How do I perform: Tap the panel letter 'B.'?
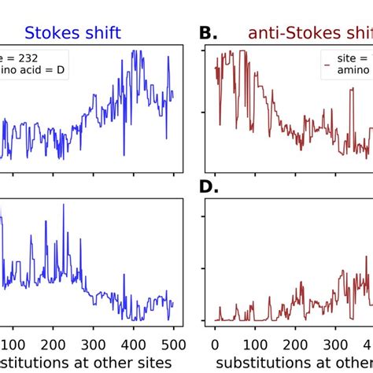coord(211,33)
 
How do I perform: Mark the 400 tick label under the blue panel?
coord(172,343)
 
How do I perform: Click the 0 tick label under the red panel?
coord(215,343)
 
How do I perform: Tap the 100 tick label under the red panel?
coord(255,343)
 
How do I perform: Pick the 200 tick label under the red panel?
coord(295,343)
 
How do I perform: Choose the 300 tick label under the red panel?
coord(335,343)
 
